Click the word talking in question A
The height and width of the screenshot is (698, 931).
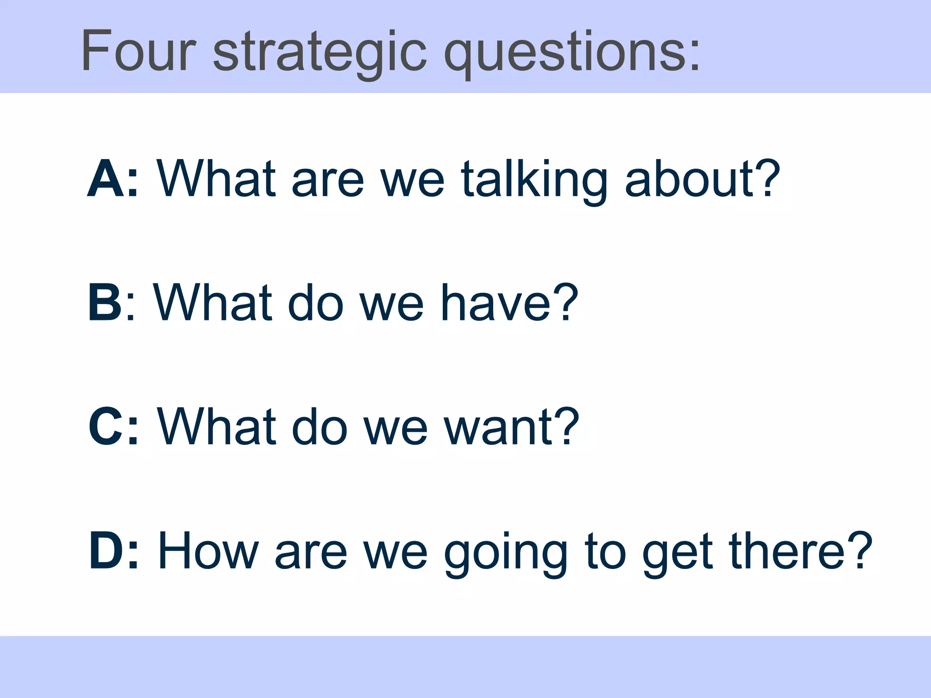534,179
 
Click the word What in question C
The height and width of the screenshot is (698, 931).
216,427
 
